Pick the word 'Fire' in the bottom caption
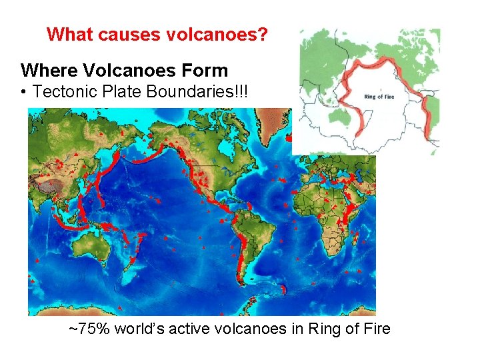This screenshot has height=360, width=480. click(x=375, y=328)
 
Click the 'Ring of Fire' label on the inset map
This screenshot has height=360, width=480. click(x=379, y=97)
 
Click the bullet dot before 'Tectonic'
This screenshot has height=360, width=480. click(x=24, y=93)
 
